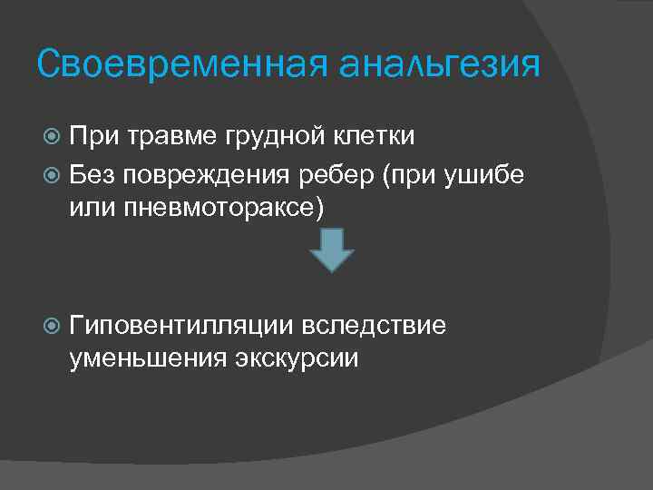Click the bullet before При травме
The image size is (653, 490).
point(53,137)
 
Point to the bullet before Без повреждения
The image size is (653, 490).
point(53,173)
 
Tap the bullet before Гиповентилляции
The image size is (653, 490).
point(53,325)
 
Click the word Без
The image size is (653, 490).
point(91,172)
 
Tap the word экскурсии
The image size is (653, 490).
point(298,359)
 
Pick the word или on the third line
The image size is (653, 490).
point(89,207)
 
